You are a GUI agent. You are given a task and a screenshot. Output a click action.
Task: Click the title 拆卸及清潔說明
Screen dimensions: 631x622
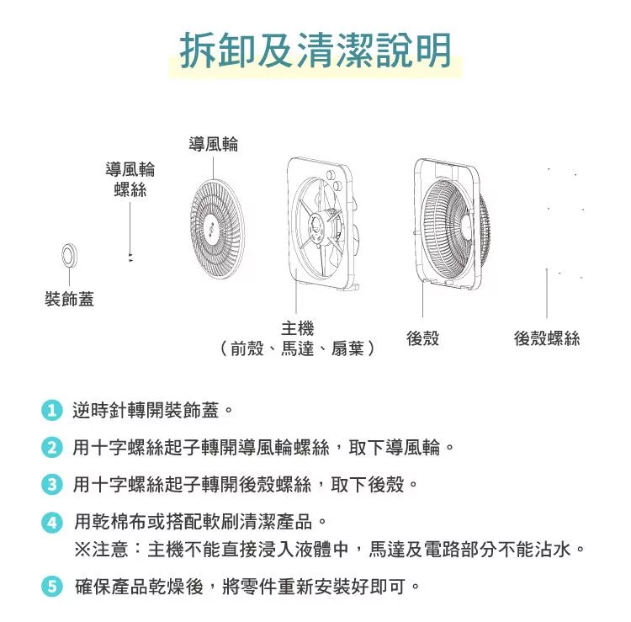tap(315, 51)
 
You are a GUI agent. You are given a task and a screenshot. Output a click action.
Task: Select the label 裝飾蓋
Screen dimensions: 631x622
tap(69, 299)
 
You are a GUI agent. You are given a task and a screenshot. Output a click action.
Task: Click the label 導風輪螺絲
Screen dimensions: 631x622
tap(130, 179)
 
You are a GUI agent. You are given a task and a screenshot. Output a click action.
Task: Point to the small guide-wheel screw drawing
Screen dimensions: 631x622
tap(130, 258)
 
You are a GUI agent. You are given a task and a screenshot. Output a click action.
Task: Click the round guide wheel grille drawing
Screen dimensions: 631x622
tap(217, 227)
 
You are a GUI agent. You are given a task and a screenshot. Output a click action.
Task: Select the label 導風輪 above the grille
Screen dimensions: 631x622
tap(214, 144)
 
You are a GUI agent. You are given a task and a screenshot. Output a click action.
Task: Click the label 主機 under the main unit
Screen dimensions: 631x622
tap(297, 328)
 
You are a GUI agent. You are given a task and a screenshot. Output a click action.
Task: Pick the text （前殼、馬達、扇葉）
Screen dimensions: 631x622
tap(297, 348)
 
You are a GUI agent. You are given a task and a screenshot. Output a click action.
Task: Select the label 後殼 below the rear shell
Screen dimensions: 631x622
tap(422, 338)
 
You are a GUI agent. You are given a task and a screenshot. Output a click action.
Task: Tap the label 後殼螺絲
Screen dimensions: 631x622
tap(547, 338)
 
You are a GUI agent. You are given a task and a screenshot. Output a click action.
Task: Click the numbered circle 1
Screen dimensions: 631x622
tap(52, 410)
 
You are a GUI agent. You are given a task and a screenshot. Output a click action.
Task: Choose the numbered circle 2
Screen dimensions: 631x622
tap(52, 447)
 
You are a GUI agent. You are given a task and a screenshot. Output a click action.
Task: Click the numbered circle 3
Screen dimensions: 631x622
tap(52, 484)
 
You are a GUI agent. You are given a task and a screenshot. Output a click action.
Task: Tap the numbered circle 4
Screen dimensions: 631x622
tap(52, 522)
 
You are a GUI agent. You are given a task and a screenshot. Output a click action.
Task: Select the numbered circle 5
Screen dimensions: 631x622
tap(52, 586)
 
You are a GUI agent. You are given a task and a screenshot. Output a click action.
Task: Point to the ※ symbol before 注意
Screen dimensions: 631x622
tap(82, 549)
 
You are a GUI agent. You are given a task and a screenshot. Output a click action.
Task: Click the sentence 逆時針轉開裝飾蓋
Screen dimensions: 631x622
tap(146, 410)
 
